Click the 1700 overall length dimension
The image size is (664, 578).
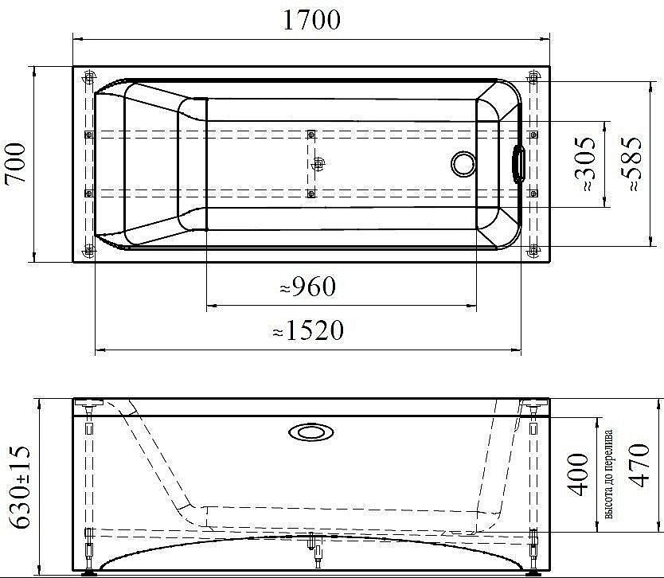[x=311, y=20]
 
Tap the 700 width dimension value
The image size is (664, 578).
[x=16, y=163]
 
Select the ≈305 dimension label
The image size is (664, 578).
[x=586, y=164]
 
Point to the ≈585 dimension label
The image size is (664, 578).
[x=632, y=164]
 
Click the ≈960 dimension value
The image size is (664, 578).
[x=308, y=287]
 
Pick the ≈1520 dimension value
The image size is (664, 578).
[x=308, y=330]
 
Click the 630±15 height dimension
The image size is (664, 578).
[x=20, y=487]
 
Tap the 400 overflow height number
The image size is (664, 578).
[x=578, y=475]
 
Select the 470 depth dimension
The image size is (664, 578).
[x=639, y=466]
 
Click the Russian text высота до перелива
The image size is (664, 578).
[x=608, y=475]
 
